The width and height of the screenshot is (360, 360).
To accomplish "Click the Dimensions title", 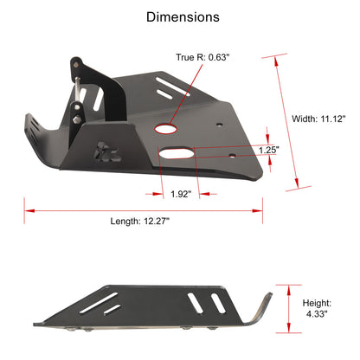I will (182, 16).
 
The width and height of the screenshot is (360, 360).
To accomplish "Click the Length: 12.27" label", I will (140, 222).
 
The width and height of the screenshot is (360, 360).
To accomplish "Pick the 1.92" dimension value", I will (180, 193).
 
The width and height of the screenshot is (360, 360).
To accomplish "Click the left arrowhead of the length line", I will (28, 209).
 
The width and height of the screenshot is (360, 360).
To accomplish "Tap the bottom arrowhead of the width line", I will (299, 184).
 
